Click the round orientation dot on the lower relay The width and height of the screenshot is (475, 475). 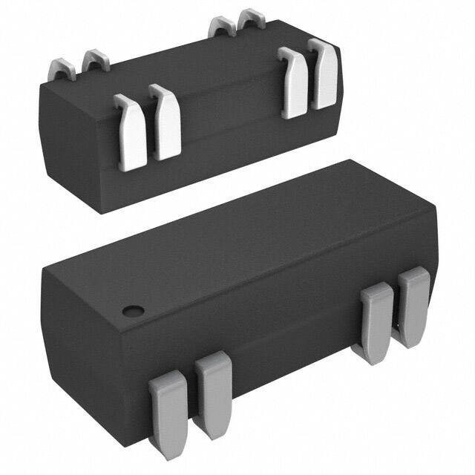point(133,310)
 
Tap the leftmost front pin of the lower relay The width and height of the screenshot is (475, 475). point(168,410)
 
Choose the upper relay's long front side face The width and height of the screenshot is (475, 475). point(230,141)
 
